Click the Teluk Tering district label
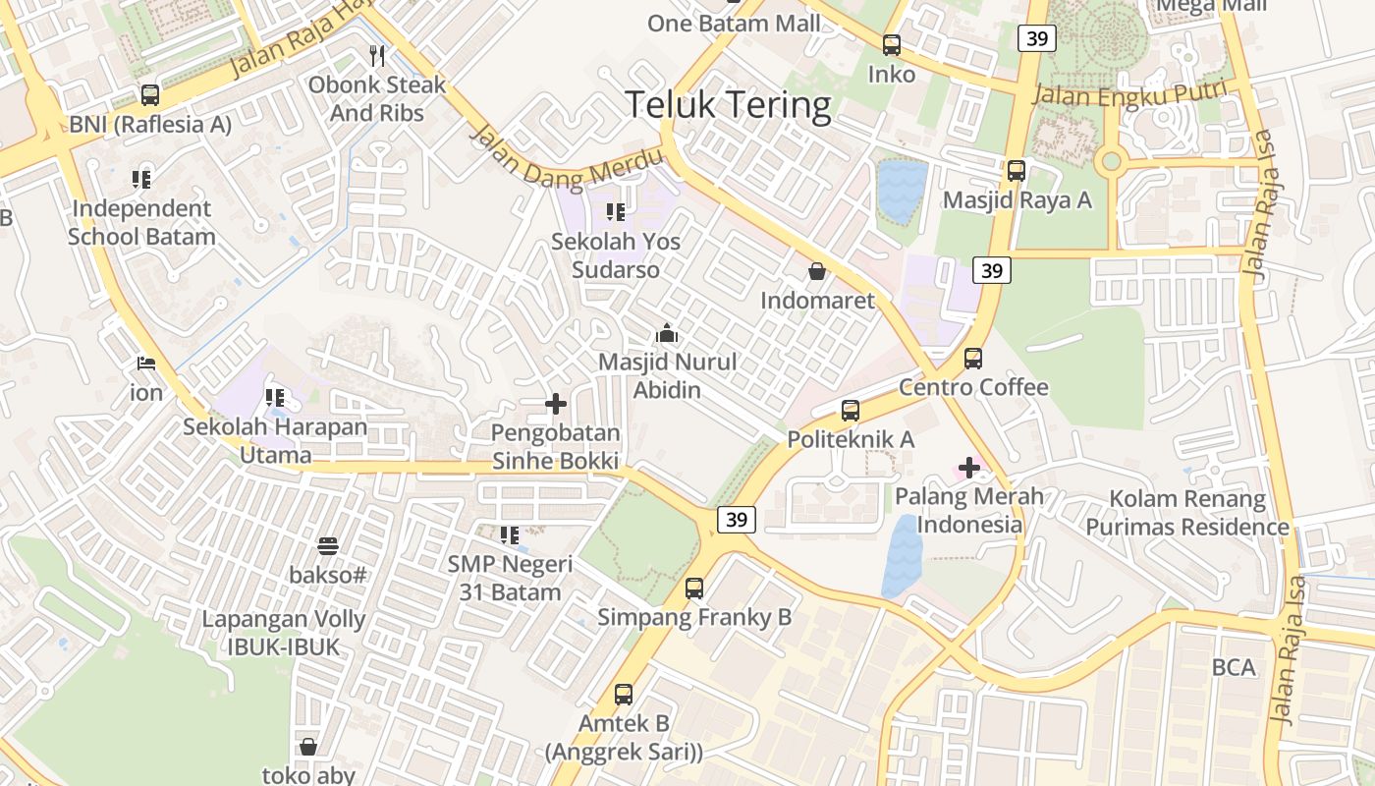coord(728,104)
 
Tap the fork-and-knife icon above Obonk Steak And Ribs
coord(377,55)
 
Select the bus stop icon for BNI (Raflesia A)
coord(150,95)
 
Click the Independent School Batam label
coord(141,222)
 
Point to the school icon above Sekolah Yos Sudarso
coord(616,211)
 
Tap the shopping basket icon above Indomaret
coord(816,271)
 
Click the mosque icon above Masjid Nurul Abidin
coord(667,333)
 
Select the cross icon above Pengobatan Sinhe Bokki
coord(556,403)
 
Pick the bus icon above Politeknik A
coord(851,411)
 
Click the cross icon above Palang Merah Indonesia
coord(969,468)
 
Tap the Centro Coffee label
coord(973,387)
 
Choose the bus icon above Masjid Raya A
coord(1017,171)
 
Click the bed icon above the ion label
coord(146,364)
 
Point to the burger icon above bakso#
coord(328,546)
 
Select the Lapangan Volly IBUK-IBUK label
coord(284,633)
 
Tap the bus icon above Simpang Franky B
coord(694,589)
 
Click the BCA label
coord(1234,667)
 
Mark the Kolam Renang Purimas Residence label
coord(1186,512)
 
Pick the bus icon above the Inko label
coord(892,45)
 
